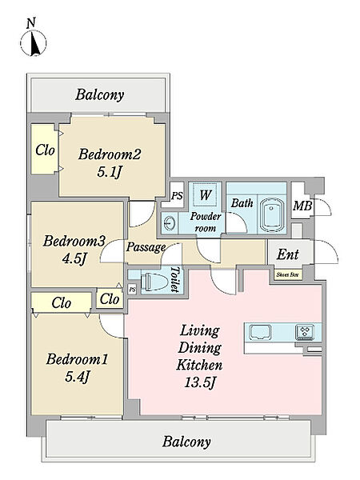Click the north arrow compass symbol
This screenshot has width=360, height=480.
tap(34, 43)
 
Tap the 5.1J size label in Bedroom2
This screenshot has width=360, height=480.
tap(110, 172)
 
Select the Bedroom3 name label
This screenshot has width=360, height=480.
tap(74, 241)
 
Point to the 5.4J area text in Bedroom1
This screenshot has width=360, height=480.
tap(77, 377)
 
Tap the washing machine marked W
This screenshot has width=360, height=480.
tap(205, 194)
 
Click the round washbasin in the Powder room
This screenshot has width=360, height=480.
tap(169, 223)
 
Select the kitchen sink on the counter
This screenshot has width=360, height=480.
tap(260, 333)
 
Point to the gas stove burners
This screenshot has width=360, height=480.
tap(305, 332)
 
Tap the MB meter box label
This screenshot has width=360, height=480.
tap(302, 206)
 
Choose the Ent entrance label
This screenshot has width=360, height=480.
tap(287, 254)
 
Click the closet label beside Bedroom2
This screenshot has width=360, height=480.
tap(45, 150)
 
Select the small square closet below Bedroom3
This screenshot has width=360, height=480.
tap(110, 299)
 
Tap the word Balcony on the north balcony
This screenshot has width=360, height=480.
tap(100, 94)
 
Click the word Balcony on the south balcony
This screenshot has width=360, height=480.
tap(186, 442)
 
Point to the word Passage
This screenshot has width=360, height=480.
tap(146, 247)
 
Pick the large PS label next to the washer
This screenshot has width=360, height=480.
tap(177, 196)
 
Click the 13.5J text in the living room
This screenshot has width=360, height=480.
tap(199, 382)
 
